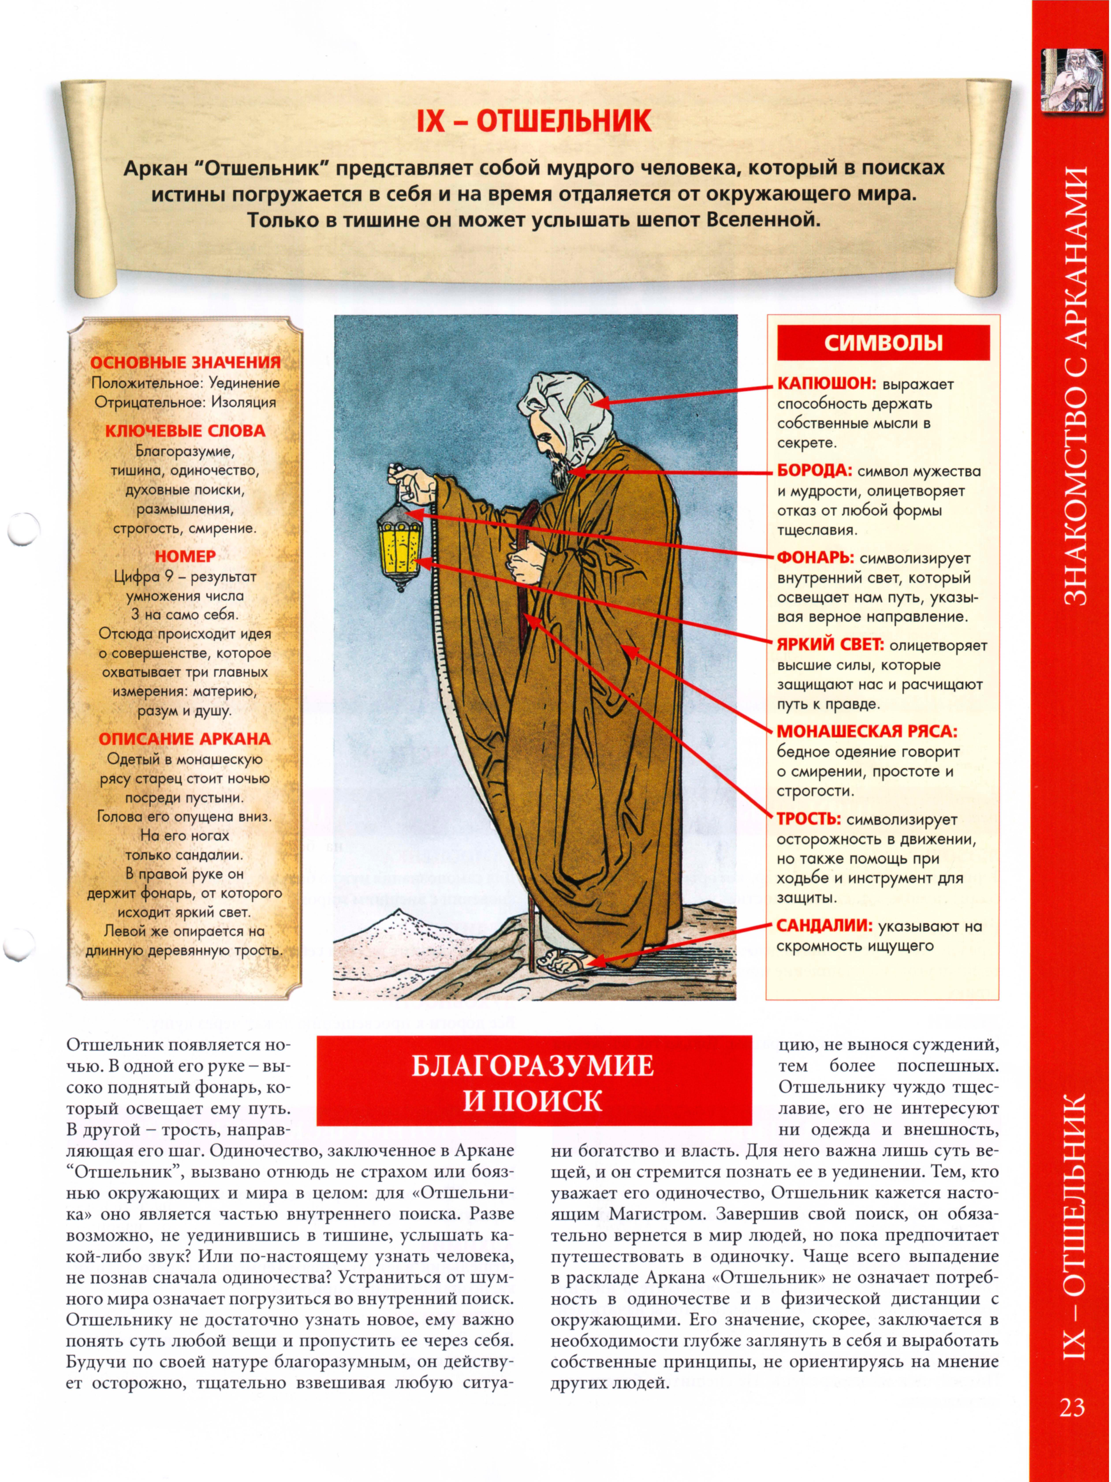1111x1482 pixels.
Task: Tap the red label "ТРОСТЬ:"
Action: (808, 819)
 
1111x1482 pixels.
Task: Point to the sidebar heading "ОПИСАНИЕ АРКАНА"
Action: (185, 739)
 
